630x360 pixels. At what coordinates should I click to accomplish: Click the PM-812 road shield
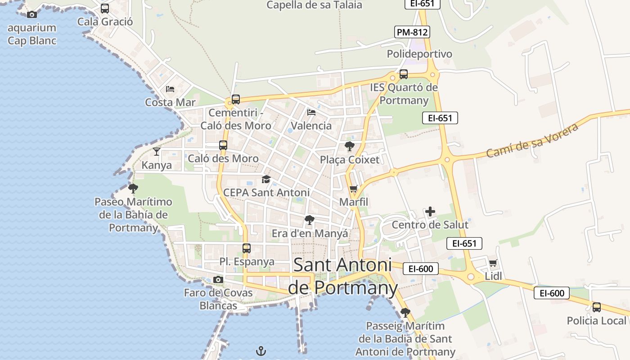click(412, 32)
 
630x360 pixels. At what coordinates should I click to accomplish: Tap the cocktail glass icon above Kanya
click(156, 151)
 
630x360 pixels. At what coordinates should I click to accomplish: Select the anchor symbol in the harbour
click(261, 351)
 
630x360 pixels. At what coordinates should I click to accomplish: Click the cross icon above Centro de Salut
click(430, 211)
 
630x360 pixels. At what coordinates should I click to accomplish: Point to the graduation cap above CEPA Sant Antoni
click(266, 180)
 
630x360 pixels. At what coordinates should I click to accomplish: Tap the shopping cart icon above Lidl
click(493, 263)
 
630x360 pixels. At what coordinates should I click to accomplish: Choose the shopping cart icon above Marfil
click(354, 189)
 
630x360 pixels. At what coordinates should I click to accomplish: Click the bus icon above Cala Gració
click(105, 9)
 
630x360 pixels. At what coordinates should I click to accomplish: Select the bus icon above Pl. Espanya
click(247, 248)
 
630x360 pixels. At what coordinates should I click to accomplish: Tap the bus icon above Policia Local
click(597, 307)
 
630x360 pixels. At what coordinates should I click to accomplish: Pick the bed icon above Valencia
click(311, 112)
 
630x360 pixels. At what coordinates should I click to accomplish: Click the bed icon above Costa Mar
click(170, 89)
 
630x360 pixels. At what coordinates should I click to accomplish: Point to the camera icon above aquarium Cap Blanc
click(31, 14)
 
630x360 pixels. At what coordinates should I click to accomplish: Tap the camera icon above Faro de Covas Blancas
click(218, 279)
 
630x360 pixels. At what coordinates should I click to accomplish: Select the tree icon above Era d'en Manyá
click(309, 220)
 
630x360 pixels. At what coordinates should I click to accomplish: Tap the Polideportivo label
click(419, 54)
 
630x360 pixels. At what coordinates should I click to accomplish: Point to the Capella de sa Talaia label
click(314, 5)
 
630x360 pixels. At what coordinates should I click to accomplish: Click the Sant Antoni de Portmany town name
click(342, 276)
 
